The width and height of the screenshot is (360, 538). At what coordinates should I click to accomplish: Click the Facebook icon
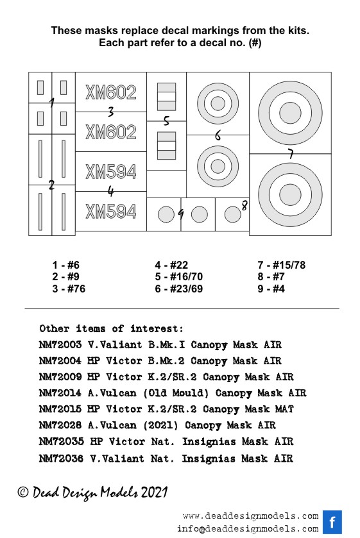[x=332, y=522]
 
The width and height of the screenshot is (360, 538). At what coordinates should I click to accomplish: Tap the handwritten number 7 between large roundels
[x=291, y=154]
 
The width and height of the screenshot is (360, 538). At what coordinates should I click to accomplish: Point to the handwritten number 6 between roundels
[x=218, y=135]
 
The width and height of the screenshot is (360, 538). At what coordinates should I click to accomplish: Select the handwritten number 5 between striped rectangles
[x=166, y=121]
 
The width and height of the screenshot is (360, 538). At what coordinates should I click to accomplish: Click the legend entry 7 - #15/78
[x=281, y=265]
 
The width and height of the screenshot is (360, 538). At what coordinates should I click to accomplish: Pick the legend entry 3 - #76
[x=69, y=289]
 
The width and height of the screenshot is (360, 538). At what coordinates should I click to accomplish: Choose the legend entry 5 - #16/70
[x=178, y=276]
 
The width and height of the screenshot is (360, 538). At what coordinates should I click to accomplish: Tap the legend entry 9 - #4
[x=271, y=289]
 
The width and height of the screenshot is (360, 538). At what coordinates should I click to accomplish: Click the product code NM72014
[x=60, y=392]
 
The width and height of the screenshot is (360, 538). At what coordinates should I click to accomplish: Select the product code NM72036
[x=61, y=458]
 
